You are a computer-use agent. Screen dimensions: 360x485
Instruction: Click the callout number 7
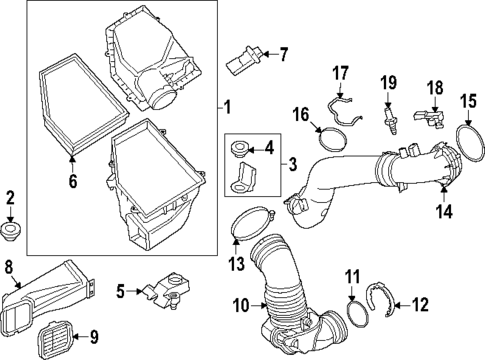tap(283, 53)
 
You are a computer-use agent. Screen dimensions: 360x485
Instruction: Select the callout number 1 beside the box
tap(226, 106)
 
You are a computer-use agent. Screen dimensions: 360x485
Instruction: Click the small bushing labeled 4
tap(240, 151)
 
